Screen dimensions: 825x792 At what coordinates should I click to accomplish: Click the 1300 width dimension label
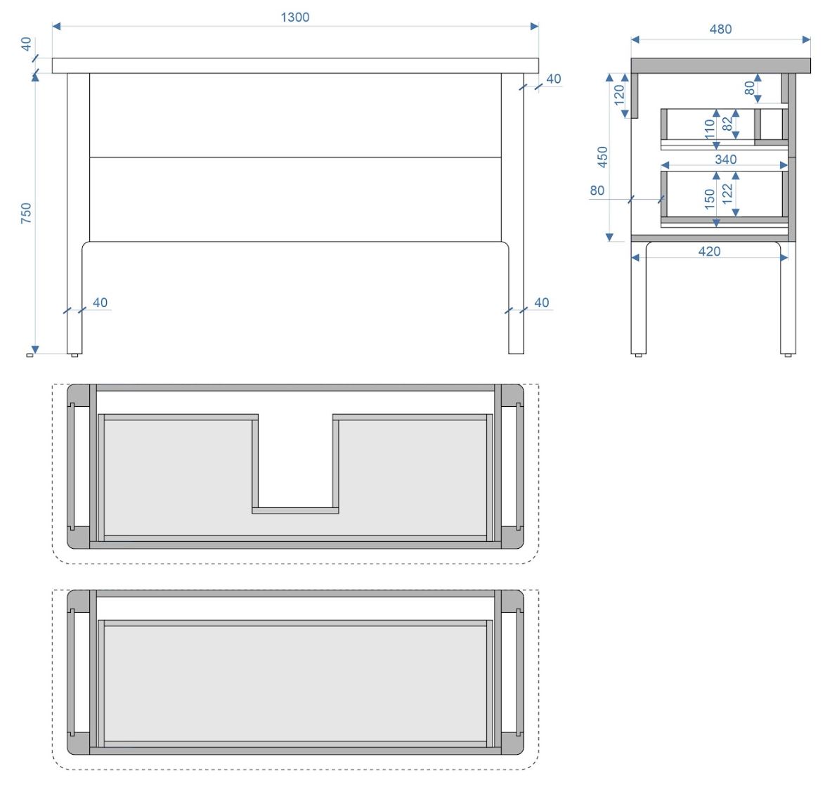click(x=294, y=18)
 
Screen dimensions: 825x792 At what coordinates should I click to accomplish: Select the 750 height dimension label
click(x=26, y=213)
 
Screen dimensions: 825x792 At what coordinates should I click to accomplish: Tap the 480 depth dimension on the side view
click(x=720, y=30)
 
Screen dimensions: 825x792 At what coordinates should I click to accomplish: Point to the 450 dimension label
click(x=602, y=157)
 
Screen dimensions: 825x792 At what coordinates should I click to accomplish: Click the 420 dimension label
click(x=709, y=252)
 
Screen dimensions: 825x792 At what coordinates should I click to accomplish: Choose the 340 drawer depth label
click(x=725, y=160)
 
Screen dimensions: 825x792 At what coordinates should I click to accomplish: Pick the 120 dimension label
click(x=619, y=95)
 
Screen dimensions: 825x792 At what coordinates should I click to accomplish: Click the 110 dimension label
click(x=709, y=129)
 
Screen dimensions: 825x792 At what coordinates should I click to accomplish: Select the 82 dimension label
click(x=727, y=124)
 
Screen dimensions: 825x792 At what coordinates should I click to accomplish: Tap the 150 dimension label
click(x=709, y=199)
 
